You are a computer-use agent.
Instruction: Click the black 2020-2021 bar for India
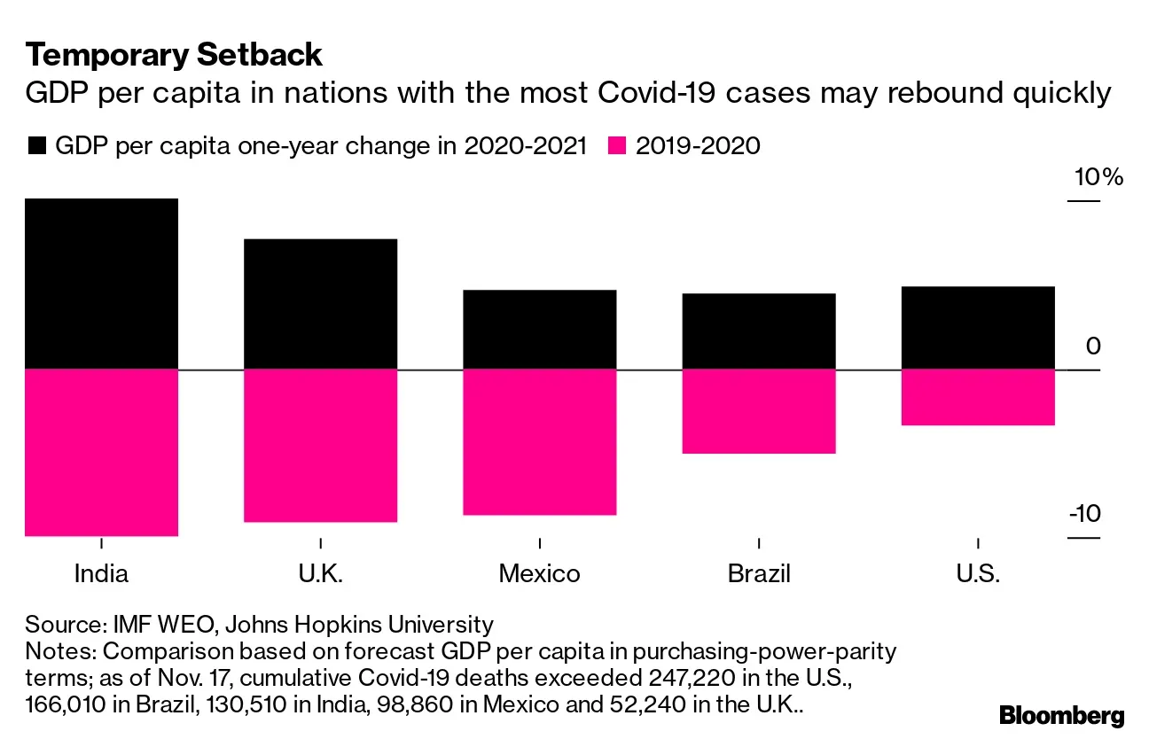[101, 284]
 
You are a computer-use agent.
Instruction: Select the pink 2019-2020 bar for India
[101, 452]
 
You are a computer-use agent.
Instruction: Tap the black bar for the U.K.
[320, 304]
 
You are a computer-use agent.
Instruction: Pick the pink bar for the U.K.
[320, 445]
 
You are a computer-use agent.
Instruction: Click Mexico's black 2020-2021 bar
[539, 329]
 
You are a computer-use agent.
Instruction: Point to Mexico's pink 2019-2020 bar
[539, 441]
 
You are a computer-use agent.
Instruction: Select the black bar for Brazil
[758, 331]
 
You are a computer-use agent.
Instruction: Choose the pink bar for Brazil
[758, 411]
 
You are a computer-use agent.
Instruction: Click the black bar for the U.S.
[977, 327]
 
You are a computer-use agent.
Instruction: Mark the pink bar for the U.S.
[977, 397]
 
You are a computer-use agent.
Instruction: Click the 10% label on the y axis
[1098, 178]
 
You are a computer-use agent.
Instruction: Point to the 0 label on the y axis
[1092, 346]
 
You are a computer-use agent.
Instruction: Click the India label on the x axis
[101, 573]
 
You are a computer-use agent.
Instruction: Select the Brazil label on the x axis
[758, 573]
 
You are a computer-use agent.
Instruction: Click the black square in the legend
[37, 145]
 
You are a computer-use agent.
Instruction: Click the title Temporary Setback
[174, 55]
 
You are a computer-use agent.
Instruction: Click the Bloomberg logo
[1061, 715]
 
